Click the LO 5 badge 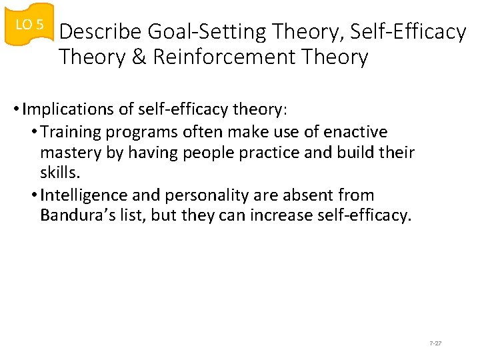point(29,25)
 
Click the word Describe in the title point(101,32)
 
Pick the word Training point(69,131)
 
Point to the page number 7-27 point(435,343)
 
